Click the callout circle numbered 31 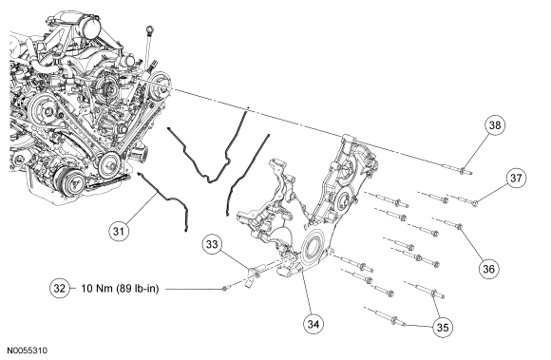coord(119,231)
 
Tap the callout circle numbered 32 coord(60,289)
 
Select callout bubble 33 coord(212,244)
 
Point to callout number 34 coord(313,324)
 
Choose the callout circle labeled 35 coord(443,328)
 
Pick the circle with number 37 coord(516,178)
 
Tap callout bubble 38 coord(495,125)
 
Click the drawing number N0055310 coord(28,351)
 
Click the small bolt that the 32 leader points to coord(224,289)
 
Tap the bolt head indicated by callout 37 coord(475,203)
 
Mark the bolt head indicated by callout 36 coord(459,226)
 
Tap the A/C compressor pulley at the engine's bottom coord(73,180)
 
